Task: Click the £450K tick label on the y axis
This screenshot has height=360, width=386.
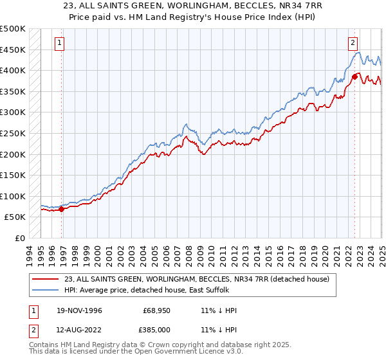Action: click(x=13, y=50)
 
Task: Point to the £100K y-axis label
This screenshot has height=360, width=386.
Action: click(x=13, y=196)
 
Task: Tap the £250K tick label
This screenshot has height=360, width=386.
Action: click(x=13, y=133)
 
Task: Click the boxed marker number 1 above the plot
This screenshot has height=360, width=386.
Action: click(x=59, y=43)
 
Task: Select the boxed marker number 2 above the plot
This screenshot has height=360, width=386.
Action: click(x=353, y=43)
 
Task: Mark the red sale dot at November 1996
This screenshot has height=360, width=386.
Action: click(x=62, y=209)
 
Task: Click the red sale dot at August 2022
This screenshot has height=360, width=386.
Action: click(x=354, y=76)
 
